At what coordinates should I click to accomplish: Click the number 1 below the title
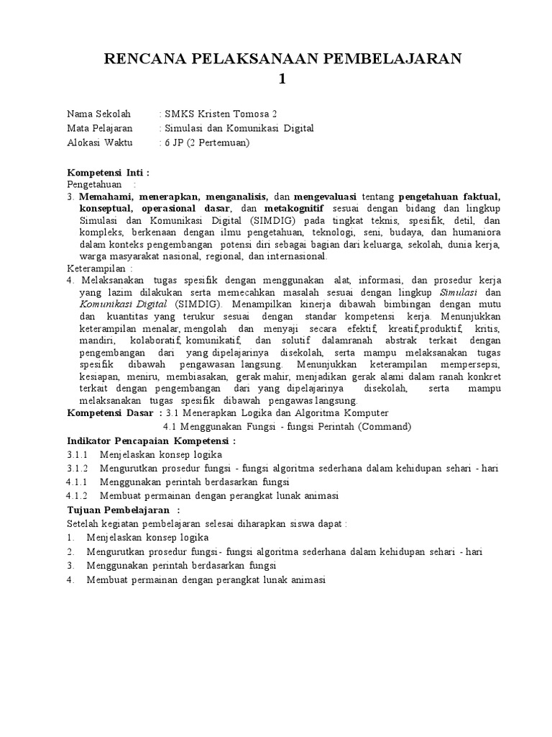(x=282, y=79)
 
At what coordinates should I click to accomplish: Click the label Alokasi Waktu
(x=100, y=143)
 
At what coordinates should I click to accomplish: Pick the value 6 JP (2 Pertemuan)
(x=207, y=143)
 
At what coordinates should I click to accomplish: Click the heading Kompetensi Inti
(x=108, y=173)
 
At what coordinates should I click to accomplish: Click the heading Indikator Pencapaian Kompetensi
(x=151, y=440)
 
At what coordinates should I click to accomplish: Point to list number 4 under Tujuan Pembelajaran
(x=70, y=579)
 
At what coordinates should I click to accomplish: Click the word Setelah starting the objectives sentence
(x=83, y=524)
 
